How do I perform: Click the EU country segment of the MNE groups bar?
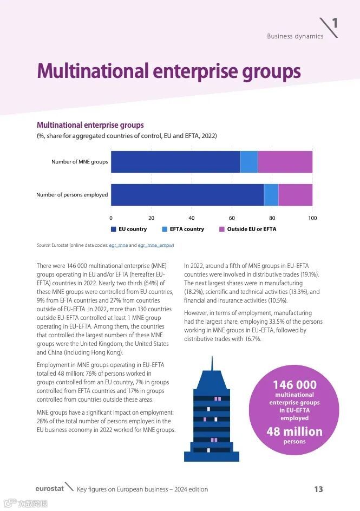(x=175, y=162)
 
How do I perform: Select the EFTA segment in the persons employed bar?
(x=271, y=195)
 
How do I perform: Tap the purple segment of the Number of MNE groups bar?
(x=285, y=162)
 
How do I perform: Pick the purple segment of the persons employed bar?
(x=295, y=195)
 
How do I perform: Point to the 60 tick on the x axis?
(x=232, y=218)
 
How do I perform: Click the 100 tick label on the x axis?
(x=312, y=218)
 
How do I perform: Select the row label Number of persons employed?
(x=72, y=195)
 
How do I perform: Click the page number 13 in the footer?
(x=318, y=489)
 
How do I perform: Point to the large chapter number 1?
(x=335, y=23)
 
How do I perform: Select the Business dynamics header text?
(x=295, y=36)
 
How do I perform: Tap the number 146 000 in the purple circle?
(x=294, y=385)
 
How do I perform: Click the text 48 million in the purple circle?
(x=294, y=432)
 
